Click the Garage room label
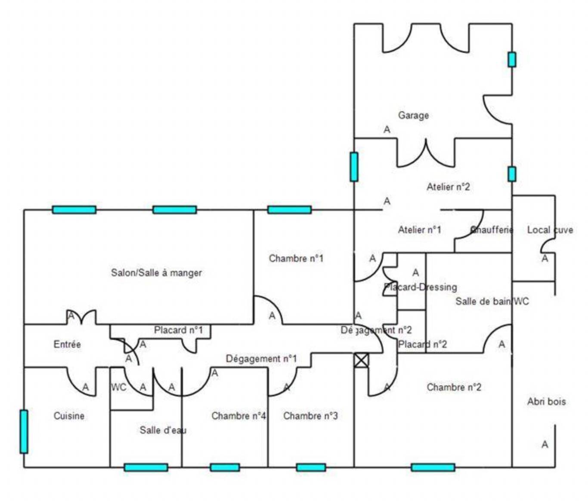[413, 115]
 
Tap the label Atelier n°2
[448, 187]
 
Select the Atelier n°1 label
[419, 230]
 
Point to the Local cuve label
[550, 230]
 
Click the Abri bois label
[546, 402]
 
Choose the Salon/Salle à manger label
[156, 273]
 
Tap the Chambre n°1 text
[296, 258]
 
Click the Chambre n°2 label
[454, 387]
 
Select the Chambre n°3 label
[310, 416]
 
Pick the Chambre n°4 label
[238, 416]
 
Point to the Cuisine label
[69, 416]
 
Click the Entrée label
[67, 344]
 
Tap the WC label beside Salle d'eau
[118, 387]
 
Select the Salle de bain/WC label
[492, 301]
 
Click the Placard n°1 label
[178, 330]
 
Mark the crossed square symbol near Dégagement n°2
[361, 360]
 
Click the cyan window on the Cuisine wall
[24, 431]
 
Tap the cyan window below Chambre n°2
[433, 467]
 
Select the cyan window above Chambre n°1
[289, 210]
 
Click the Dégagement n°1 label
[261, 358]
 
